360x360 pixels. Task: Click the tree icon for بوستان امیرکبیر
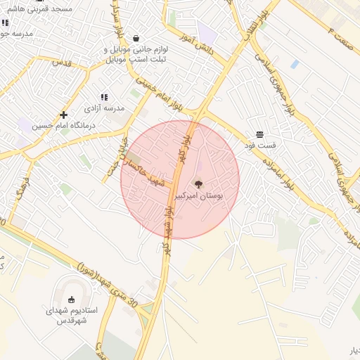pos(199,184)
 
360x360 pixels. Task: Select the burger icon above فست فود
pos(259,133)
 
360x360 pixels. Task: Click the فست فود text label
pos(260,145)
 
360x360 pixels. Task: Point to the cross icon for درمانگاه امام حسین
pos(63,114)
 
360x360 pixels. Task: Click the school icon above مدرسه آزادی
pos(104,97)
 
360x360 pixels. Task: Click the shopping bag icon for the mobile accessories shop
pos(135,39)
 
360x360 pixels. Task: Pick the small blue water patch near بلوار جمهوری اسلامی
pos(295,64)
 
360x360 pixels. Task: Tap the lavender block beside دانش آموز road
pos(207,31)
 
